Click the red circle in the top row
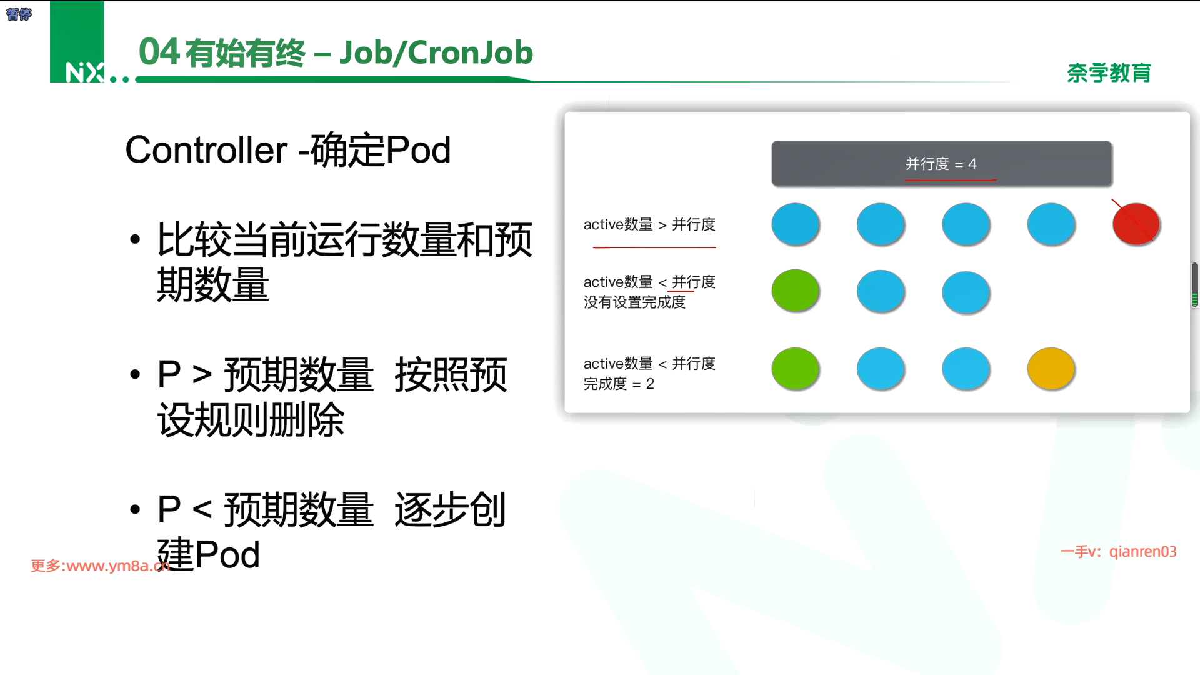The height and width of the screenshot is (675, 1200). (1136, 224)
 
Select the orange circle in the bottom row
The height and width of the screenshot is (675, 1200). (1051, 369)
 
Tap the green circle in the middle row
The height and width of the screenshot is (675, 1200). (796, 291)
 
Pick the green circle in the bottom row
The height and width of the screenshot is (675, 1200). (796, 369)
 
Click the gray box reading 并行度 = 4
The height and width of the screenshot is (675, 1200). (942, 164)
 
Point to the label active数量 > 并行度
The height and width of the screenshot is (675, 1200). (649, 224)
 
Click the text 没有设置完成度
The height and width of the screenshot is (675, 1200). (634, 302)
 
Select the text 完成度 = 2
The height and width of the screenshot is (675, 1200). (619, 384)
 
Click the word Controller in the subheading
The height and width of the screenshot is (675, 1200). (207, 150)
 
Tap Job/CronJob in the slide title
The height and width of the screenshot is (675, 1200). (436, 52)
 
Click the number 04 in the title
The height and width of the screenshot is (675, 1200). (159, 52)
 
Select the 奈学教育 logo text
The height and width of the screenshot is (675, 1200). (1109, 73)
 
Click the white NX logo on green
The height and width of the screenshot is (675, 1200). (85, 72)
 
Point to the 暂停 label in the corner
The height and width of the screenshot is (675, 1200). (19, 14)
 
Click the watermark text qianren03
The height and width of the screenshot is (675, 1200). (1142, 552)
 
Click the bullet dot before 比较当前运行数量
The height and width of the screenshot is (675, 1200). (135, 240)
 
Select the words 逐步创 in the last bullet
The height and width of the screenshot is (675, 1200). (450, 510)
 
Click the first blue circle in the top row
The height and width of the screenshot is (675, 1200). (796, 224)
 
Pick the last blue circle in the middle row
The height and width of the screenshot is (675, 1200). (966, 292)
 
